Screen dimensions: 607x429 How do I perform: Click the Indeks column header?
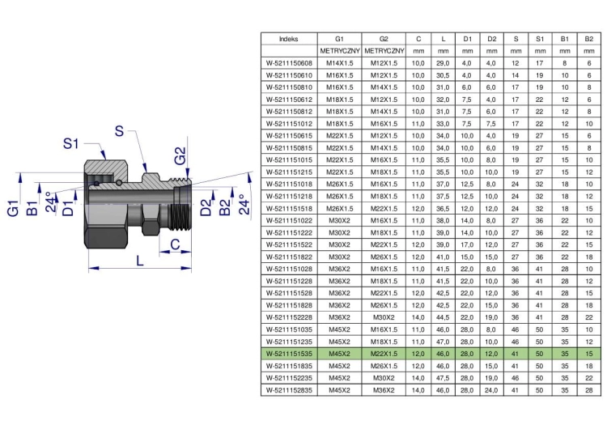pos(289,39)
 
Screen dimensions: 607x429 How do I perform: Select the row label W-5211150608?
pos(289,63)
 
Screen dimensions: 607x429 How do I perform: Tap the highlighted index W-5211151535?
pos(289,354)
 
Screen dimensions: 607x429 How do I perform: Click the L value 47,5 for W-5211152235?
pos(443,378)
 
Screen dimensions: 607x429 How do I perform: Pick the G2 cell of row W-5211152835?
pos(384,390)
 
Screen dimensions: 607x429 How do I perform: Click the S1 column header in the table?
pos(540,39)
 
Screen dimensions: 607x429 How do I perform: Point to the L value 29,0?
pos(443,63)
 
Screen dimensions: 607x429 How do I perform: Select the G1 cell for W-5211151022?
pos(339,220)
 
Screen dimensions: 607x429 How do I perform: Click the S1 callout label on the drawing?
pos(71,143)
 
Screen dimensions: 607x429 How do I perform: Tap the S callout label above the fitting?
pos(119,131)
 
